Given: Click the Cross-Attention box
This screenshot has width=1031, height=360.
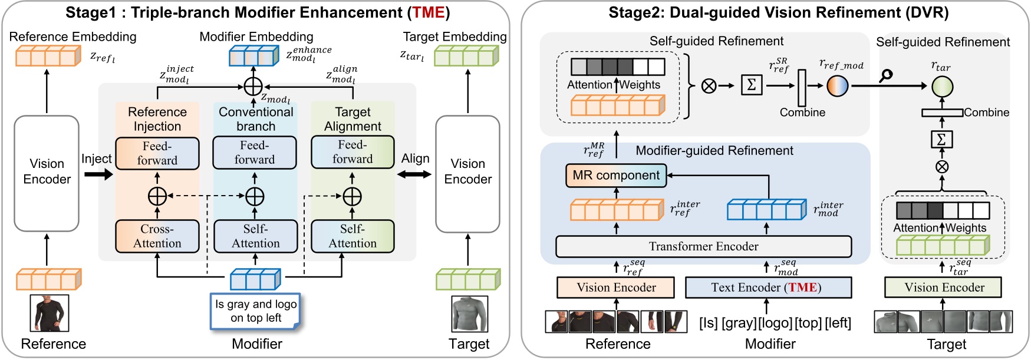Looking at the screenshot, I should point(157,236).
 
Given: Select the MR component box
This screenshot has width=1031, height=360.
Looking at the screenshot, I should point(615,176).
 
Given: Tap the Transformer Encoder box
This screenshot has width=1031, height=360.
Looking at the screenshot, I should point(703,247).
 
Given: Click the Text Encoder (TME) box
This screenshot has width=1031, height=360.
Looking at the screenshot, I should point(768,288).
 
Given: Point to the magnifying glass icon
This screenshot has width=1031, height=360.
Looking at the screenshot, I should point(885,75).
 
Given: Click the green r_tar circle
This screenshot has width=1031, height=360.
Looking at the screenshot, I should point(941,87).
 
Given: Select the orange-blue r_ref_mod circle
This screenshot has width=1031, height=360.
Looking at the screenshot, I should point(837,86).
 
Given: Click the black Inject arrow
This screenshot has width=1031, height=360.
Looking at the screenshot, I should point(98,174).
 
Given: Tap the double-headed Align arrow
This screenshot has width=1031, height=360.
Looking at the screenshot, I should point(414,174).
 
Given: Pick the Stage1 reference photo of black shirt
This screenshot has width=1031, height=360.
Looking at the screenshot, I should point(50,313).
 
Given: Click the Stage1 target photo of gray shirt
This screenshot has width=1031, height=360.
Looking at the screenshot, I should point(469,314).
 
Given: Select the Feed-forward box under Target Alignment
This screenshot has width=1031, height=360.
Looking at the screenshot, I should point(352,152).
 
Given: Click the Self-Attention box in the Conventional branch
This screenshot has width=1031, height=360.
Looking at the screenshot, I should point(255,236).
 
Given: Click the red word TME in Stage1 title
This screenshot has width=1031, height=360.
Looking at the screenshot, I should point(428,12).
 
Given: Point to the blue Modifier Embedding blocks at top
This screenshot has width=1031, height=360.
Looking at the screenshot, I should point(253,57).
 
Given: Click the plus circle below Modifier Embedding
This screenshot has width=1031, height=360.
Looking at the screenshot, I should point(253,87).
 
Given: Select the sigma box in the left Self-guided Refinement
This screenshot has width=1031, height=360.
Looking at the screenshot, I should point(751,85).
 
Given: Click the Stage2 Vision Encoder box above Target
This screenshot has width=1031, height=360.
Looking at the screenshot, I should point(944,288).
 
